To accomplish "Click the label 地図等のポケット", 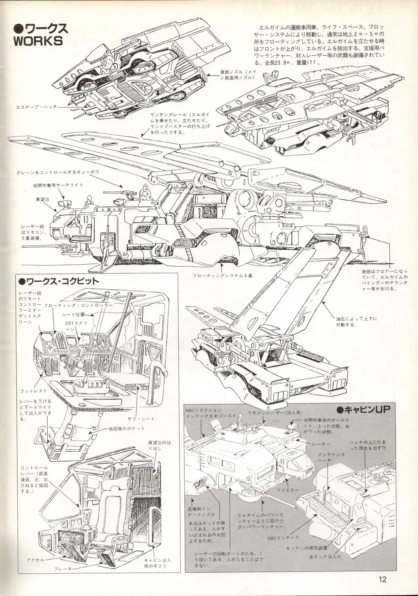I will (127, 428).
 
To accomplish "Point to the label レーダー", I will (321, 444).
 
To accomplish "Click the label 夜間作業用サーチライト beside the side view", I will (58, 185).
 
